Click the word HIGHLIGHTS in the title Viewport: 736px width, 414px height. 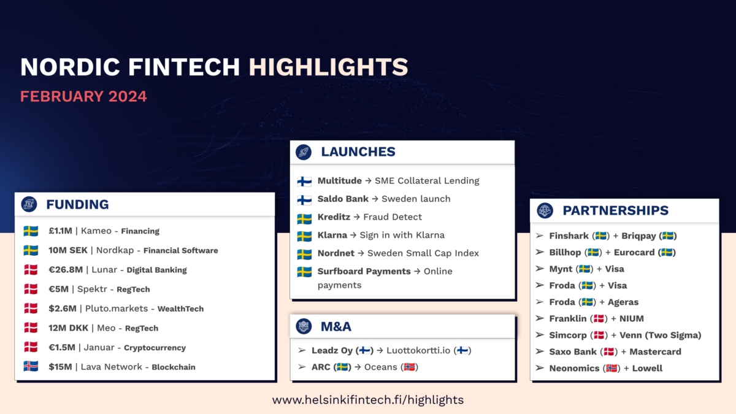tap(328, 67)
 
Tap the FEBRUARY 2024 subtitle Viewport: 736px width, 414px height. tap(83, 97)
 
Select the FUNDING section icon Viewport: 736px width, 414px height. tap(29, 204)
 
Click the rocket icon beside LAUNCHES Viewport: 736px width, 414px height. tap(304, 152)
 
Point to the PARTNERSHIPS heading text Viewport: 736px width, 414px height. tap(615, 210)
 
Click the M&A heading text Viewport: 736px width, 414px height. tap(336, 326)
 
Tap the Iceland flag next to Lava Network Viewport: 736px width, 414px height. tap(31, 366)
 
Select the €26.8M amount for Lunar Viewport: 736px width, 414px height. tap(66, 270)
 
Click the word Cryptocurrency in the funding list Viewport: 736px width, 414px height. tap(155, 348)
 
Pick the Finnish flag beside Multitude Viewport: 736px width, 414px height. tap(304, 181)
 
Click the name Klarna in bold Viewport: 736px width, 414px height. tap(332, 235)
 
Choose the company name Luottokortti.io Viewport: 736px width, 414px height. tap(418, 350)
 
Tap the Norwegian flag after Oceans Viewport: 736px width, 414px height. tap(409, 367)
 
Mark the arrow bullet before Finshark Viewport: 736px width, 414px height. tap(540, 236)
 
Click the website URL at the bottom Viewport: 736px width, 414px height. tap(368, 400)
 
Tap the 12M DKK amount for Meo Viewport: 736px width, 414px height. tap(68, 328)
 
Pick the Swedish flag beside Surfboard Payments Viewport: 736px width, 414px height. tap(304, 272)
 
